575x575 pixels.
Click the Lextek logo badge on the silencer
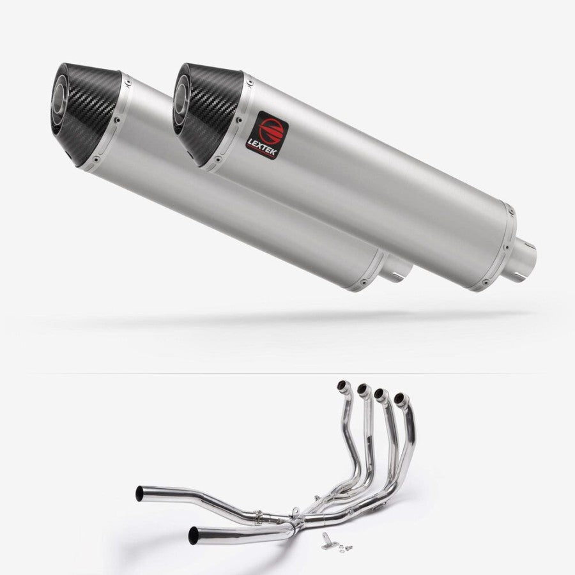[x=267, y=135]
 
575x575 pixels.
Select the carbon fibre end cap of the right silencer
[x=208, y=114]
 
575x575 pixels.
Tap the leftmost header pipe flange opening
[x=342, y=385]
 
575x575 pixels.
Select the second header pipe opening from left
[x=362, y=388]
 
